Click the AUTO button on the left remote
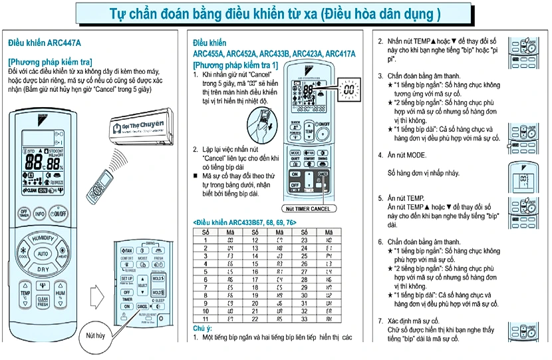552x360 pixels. (x=43, y=254)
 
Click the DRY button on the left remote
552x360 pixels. (x=43, y=270)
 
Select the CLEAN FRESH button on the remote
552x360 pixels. (x=43, y=301)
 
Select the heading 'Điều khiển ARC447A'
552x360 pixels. (x=45, y=43)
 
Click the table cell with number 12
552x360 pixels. (x=255, y=240)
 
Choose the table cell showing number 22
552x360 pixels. (x=255, y=319)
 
